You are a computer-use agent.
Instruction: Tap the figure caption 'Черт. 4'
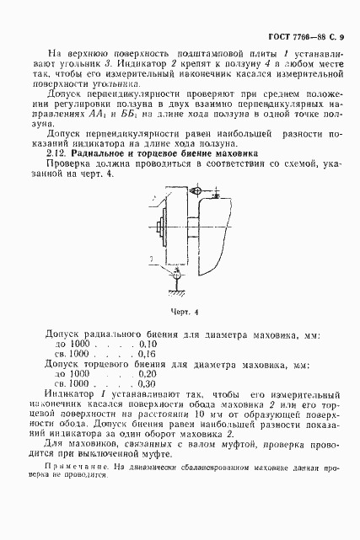tap(183, 312)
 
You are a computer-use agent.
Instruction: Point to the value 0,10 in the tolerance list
tap(146, 345)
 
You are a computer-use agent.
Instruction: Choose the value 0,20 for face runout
tap(146, 374)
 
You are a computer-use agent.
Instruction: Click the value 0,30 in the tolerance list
tap(146, 384)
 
